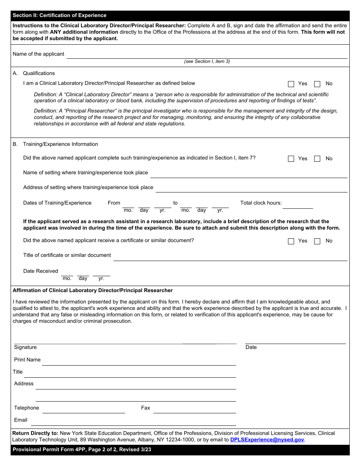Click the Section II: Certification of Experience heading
pos(59,16)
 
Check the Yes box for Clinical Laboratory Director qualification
pos(291,84)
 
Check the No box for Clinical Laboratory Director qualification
pos(317,84)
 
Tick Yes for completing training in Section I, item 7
pos(291,159)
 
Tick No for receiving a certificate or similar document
pos(317,241)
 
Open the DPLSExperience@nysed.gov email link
pos(267,440)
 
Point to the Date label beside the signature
pos(251,347)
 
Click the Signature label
pos(25,347)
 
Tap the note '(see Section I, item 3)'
pos(207,61)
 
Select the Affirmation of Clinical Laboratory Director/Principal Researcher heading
pos(93,291)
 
